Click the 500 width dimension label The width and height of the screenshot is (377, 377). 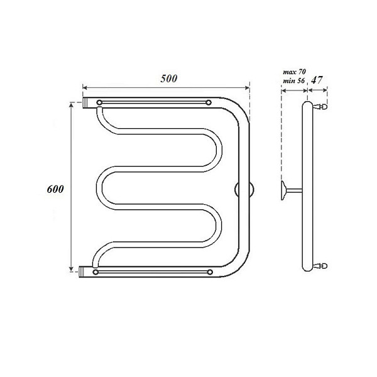point(169,79)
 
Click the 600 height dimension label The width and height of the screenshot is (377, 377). point(55,189)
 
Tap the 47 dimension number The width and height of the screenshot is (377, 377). point(317,80)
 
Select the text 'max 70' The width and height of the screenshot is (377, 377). point(294,72)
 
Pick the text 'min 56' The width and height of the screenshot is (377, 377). point(294,80)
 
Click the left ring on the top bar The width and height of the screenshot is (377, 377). point(99,102)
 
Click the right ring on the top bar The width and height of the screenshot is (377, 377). point(209,102)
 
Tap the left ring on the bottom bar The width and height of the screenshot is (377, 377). point(96,272)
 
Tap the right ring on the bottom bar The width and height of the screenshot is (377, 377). point(210,272)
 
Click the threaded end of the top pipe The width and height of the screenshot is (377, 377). point(85,102)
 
